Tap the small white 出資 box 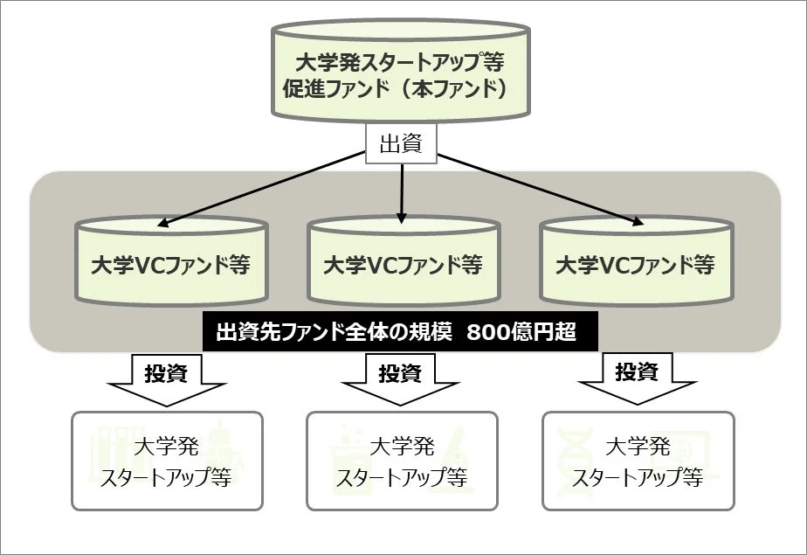tap(402, 143)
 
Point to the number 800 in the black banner tap(489, 333)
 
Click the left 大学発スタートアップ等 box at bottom tap(166, 461)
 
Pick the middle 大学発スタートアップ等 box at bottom tap(402, 461)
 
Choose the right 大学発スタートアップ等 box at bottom tap(638, 461)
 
